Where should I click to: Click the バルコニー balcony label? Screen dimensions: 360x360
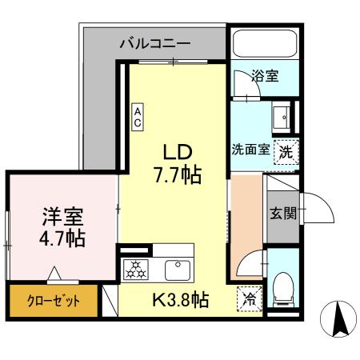click(157, 43)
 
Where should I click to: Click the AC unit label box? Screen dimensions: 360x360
click(138, 117)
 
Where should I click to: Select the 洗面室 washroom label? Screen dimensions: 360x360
click(250, 150)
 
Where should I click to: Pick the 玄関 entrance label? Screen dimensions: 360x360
click(282, 213)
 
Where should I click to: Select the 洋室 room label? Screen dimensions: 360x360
click(62, 217)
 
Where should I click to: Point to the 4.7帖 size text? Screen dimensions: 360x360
click(62, 238)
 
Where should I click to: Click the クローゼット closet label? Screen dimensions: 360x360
click(50, 303)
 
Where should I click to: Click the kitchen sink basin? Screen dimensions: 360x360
click(176, 268)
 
